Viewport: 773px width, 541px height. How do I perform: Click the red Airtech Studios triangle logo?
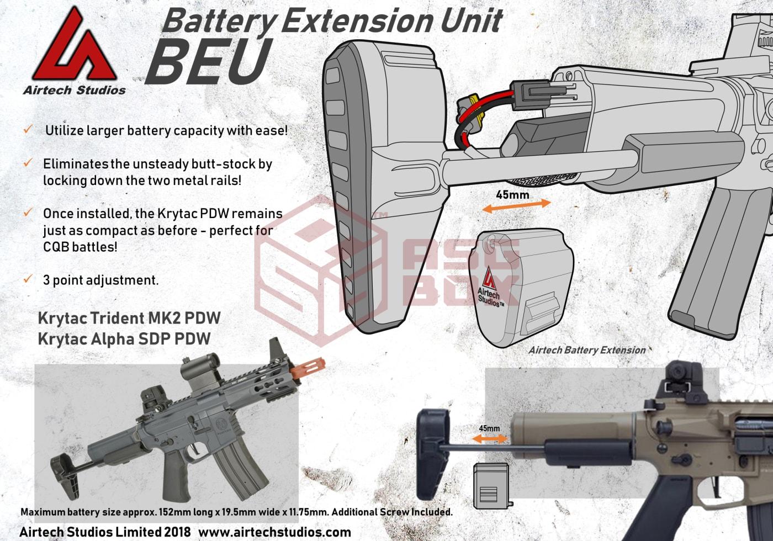click(x=74, y=45)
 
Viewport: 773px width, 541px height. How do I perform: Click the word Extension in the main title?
click(x=357, y=20)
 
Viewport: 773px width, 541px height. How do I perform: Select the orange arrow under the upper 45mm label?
click(x=516, y=205)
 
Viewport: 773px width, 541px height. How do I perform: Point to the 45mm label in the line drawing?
click(x=512, y=195)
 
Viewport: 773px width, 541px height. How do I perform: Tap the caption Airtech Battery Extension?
click(x=587, y=350)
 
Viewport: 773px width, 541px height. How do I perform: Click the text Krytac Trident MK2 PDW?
click(x=129, y=318)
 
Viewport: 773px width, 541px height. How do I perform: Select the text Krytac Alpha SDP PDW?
click(x=124, y=339)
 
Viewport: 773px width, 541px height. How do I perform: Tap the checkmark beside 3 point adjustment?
click(x=28, y=278)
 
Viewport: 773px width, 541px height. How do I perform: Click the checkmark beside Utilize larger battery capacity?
click(x=28, y=129)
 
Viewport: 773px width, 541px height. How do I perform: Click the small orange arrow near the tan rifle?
click(x=490, y=439)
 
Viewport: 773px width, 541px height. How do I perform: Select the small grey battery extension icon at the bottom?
click(x=492, y=486)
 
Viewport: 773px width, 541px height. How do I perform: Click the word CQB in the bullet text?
click(x=56, y=247)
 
